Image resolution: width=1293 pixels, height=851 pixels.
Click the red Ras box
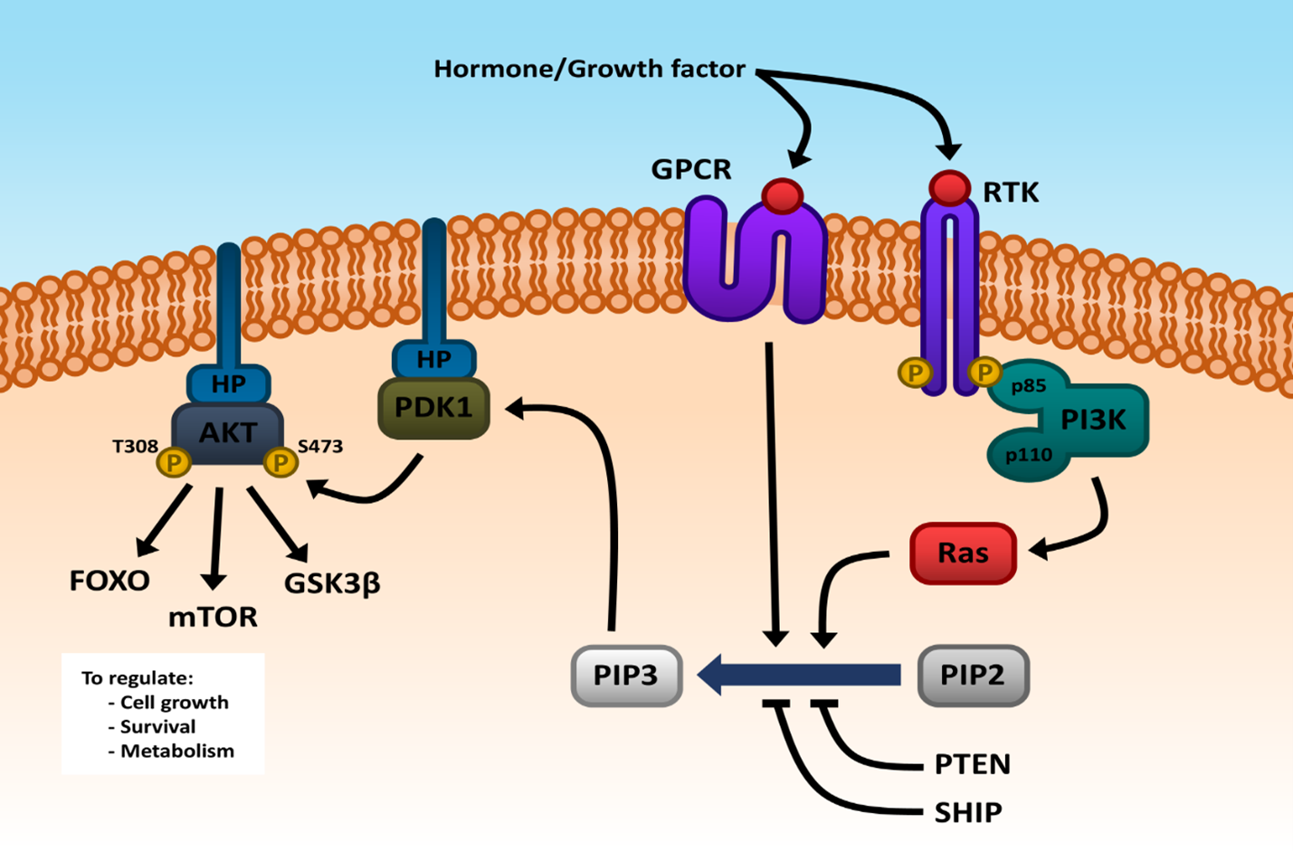(963, 553)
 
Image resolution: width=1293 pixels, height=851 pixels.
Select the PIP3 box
(626, 676)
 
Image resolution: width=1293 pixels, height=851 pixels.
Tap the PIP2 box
(973, 676)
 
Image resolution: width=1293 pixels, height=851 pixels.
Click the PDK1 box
(433, 408)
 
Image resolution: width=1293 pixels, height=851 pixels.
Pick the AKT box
(227, 432)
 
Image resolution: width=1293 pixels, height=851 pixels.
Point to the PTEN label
(972, 764)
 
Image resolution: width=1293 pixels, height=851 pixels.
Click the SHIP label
(967, 812)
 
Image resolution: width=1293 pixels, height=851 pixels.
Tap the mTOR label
(213, 617)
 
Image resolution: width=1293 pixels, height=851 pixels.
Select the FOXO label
(109, 581)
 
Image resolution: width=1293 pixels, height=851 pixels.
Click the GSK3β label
(332, 583)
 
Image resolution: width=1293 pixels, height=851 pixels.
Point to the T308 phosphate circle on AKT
(173, 463)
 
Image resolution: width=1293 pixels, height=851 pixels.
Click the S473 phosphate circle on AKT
(280, 463)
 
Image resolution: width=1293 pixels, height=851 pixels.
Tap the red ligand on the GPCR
(782, 195)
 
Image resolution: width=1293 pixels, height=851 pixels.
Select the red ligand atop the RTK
(949, 187)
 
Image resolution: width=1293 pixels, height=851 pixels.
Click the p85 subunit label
(1029, 386)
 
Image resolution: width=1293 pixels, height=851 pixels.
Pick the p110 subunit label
(1029, 454)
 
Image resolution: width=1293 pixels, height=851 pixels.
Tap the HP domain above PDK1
(433, 359)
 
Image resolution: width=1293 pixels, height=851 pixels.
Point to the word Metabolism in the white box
(177, 751)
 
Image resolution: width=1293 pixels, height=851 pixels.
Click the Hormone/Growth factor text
(589, 69)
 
